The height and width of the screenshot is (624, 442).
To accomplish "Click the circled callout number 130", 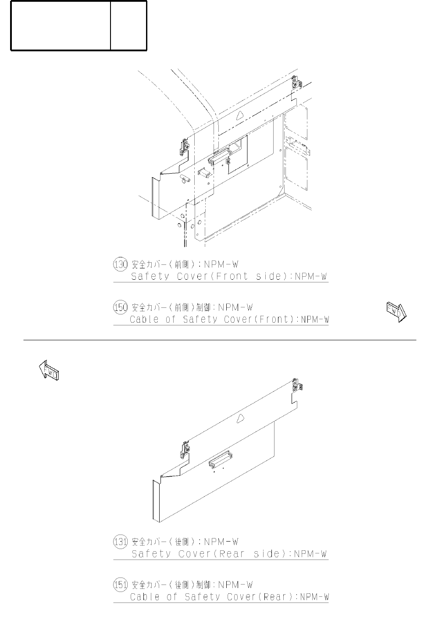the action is point(120,264).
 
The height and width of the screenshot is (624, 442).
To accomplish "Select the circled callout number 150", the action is point(120,307).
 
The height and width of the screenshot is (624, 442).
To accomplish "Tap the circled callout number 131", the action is point(120,542).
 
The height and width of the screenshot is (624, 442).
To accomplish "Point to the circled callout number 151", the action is point(120,585).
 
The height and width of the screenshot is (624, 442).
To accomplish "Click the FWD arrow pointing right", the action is point(396,312).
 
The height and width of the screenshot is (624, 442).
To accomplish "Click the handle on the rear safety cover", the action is point(220,459).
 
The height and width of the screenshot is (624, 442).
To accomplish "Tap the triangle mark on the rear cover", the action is point(240,419).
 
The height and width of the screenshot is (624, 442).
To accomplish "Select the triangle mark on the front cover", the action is point(239,115).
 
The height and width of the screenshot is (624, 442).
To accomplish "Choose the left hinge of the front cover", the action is point(184,146).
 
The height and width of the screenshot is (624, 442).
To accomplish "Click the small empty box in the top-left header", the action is point(128,25).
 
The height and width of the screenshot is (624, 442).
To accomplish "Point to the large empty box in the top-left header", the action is point(61,25).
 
